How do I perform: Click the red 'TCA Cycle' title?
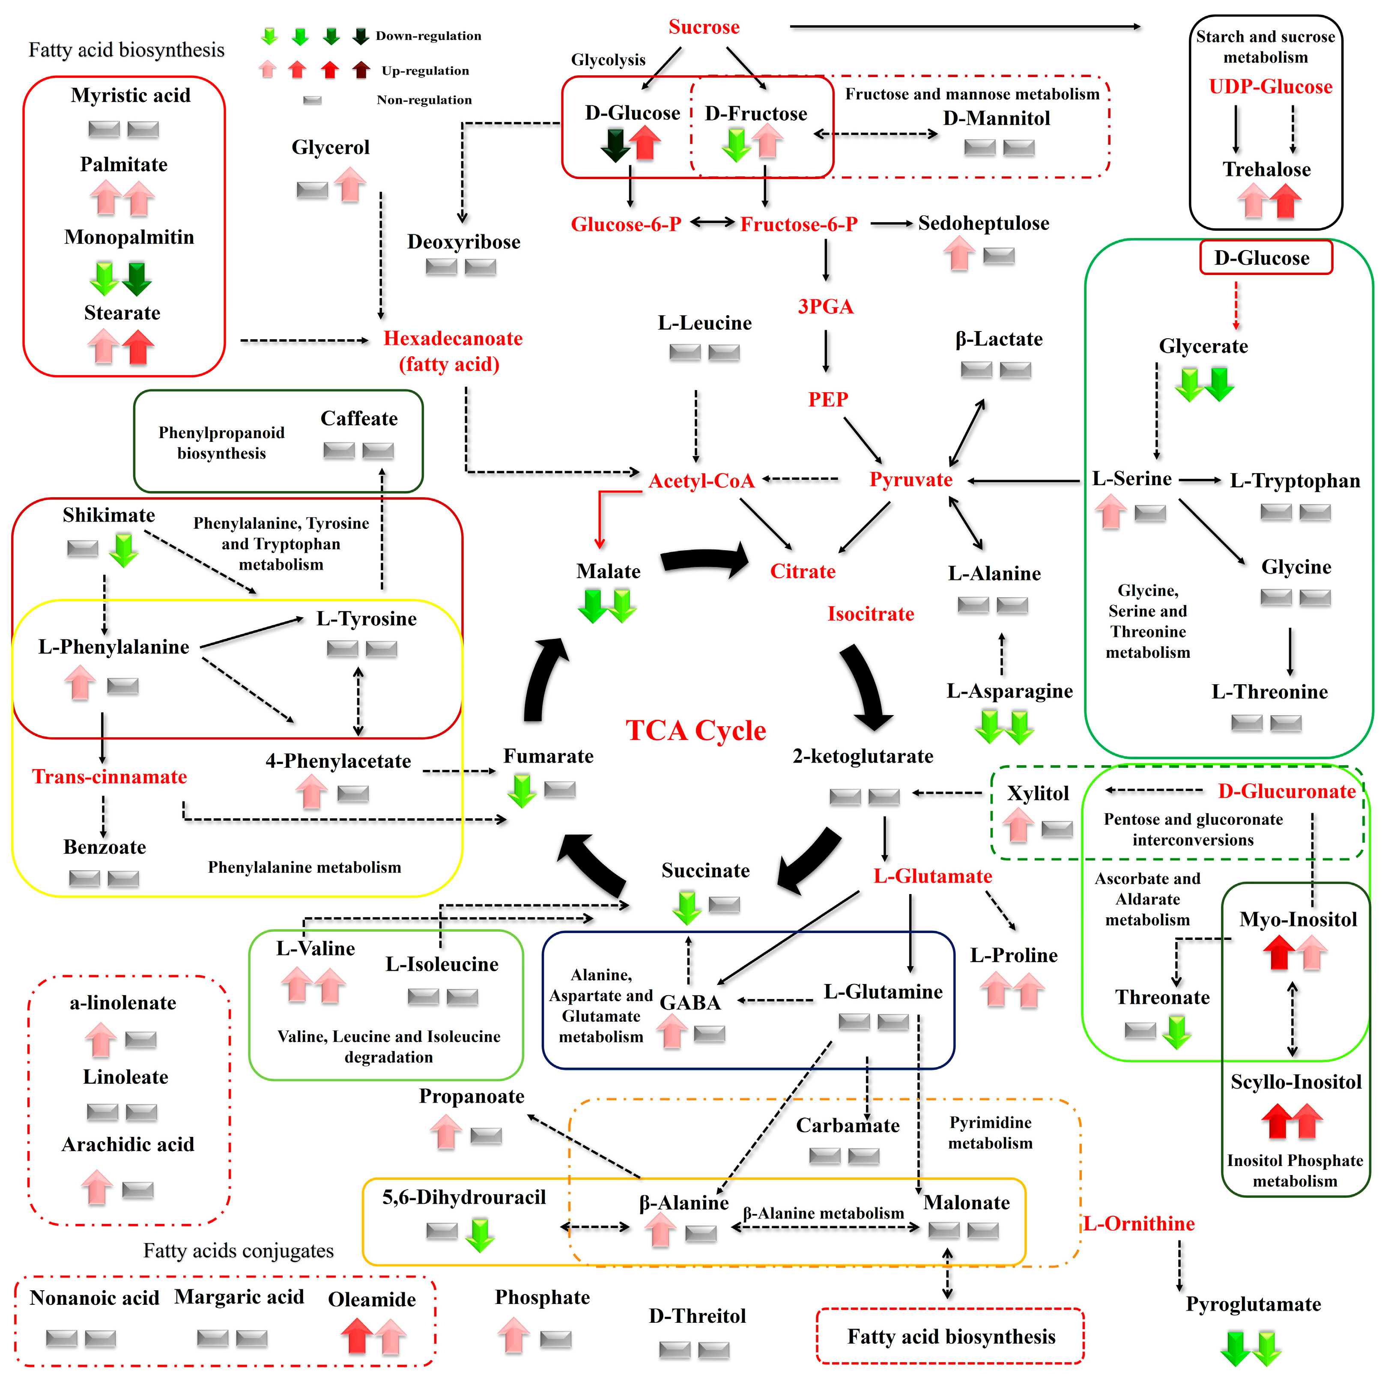point(695,730)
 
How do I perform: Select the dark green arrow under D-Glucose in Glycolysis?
point(615,145)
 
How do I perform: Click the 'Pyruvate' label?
point(910,480)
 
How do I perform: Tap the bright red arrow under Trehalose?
point(1285,201)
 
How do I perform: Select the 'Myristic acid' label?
point(131,95)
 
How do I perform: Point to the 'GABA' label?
point(690,1002)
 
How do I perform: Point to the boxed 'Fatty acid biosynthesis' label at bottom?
point(951,1336)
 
